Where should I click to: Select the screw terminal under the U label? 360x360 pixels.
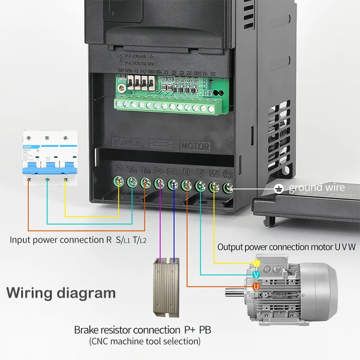tap(187, 183)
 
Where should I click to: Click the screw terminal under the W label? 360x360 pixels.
tap(215, 185)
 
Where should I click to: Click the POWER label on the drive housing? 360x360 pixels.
tap(126, 143)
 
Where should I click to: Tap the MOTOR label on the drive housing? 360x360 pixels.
tap(195, 146)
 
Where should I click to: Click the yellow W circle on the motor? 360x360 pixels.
tap(256, 264)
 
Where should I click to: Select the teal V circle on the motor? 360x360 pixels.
tap(256, 275)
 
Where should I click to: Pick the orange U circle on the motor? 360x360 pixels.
tap(256, 287)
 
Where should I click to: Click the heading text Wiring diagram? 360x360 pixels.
tap(61, 292)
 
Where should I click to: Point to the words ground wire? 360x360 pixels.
tap(316, 188)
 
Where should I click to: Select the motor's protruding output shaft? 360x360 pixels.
tap(235, 291)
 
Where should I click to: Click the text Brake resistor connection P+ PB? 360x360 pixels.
tap(143, 330)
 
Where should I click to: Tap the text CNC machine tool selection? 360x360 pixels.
tap(144, 341)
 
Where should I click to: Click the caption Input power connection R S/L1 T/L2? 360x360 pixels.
tap(78, 240)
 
